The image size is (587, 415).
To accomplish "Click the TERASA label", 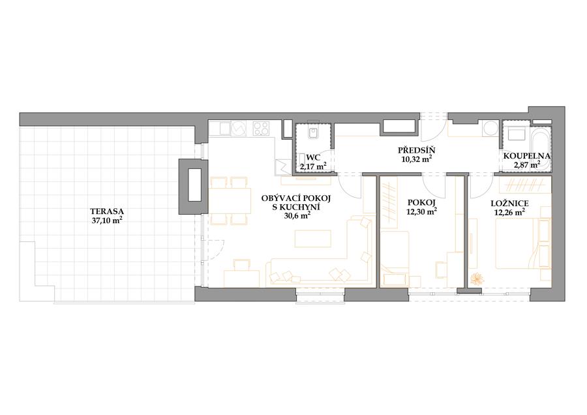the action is (107, 211).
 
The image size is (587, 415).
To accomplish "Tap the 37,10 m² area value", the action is (107, 221).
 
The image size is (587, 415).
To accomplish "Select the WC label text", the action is (313, 157).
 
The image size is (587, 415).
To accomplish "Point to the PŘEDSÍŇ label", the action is (416, 151).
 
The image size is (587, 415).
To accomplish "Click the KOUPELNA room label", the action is (526, 156).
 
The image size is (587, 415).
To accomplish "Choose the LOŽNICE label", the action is (509, 204).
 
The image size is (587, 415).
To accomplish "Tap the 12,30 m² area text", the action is (421, 211).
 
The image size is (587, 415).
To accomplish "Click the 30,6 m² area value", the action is (297, 215).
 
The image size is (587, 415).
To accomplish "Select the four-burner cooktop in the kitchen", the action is (262, 129).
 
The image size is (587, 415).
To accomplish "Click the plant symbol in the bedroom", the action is (477, 279).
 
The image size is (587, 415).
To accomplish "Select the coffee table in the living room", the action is (313, 239).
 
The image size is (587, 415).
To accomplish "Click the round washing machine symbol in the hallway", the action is (490, 129).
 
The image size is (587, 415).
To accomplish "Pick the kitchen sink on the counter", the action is (224, 129).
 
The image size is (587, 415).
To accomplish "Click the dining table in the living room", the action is (230, 201).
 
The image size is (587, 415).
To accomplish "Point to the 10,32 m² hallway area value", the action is (416, 159).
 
